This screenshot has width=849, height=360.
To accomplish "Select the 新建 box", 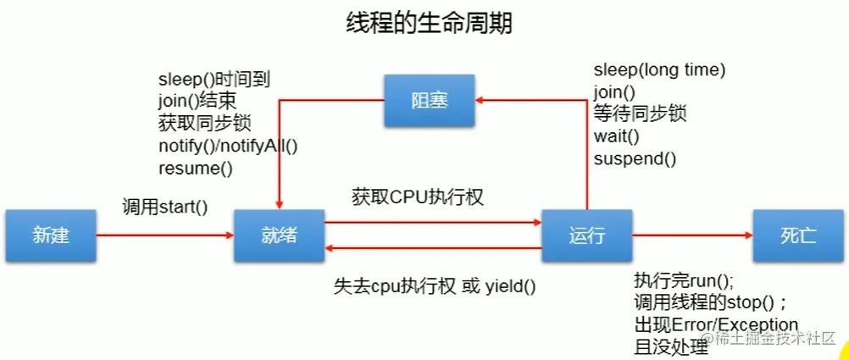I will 50,235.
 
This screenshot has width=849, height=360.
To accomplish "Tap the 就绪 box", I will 279,235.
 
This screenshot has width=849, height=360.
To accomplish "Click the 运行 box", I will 586,235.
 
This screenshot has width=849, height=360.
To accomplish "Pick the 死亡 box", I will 798,235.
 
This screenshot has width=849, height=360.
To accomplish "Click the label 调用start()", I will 165,206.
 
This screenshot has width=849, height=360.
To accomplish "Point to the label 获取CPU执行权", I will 417,197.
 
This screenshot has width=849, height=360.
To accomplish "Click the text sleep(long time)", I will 659,70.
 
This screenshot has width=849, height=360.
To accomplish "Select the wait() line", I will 616,136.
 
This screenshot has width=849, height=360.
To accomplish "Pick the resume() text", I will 195,169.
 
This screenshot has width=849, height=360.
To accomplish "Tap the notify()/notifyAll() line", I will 228,146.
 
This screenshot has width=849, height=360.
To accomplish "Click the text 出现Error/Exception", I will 716,325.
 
